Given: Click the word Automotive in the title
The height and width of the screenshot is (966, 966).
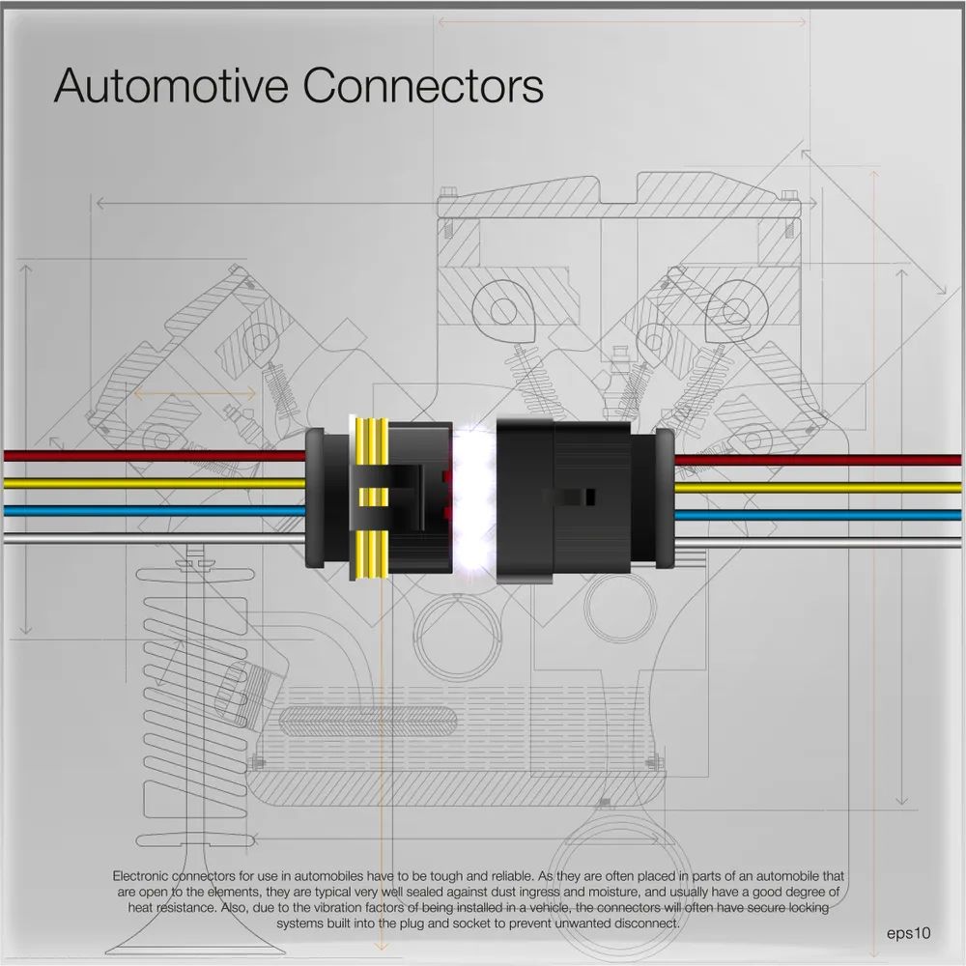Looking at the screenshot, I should [172, 85].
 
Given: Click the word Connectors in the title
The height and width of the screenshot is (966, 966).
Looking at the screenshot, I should [423, 85].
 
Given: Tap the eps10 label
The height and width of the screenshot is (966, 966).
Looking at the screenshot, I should [908, 933].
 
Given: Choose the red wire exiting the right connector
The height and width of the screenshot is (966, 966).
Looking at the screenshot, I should [821, 460].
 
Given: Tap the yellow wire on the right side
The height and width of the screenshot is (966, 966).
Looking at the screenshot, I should [821, 487].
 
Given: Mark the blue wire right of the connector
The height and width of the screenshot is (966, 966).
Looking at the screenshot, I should [821, 514].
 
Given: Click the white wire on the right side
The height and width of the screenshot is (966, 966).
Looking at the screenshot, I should [821, 541].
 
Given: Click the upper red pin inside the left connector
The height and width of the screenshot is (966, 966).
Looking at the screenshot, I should [445, 477].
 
